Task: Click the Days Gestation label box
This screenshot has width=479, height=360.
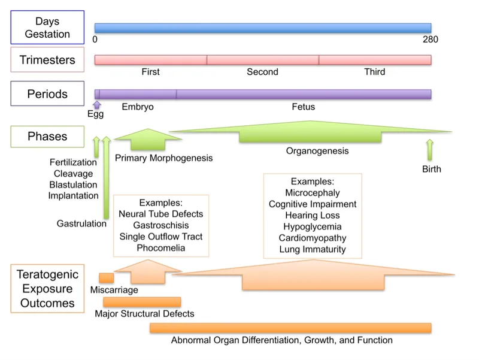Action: pos(47,28)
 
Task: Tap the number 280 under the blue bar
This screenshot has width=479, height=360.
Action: pos(430,40)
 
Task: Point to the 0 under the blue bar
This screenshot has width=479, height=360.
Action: pos(95,40)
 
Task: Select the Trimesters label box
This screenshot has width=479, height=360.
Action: pos(47,60)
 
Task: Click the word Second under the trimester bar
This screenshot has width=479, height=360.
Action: pos(262,72)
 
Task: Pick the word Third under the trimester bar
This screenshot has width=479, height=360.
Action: pos(374,72)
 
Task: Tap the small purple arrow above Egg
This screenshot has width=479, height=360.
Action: pos(97,105)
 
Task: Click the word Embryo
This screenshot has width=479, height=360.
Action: pos(138,107)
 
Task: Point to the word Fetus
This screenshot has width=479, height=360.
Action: pos(303,107)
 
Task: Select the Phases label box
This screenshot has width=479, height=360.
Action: pos(47,137)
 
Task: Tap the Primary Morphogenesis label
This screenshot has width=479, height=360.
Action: pos(163,158)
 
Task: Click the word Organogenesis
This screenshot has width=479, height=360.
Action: pos(317,151)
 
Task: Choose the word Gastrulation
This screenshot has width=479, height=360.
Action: pos(81,223)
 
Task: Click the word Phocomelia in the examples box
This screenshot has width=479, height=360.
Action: pos(160,247)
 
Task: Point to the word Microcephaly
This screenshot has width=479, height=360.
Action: pos(313,193)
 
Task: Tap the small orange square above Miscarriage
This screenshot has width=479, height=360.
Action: pos(106,278)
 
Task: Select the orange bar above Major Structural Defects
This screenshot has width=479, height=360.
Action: pos(142,302)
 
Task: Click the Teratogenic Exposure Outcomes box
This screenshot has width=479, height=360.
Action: pos(47,289)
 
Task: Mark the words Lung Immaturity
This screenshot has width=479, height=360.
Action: pos(313,249)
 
